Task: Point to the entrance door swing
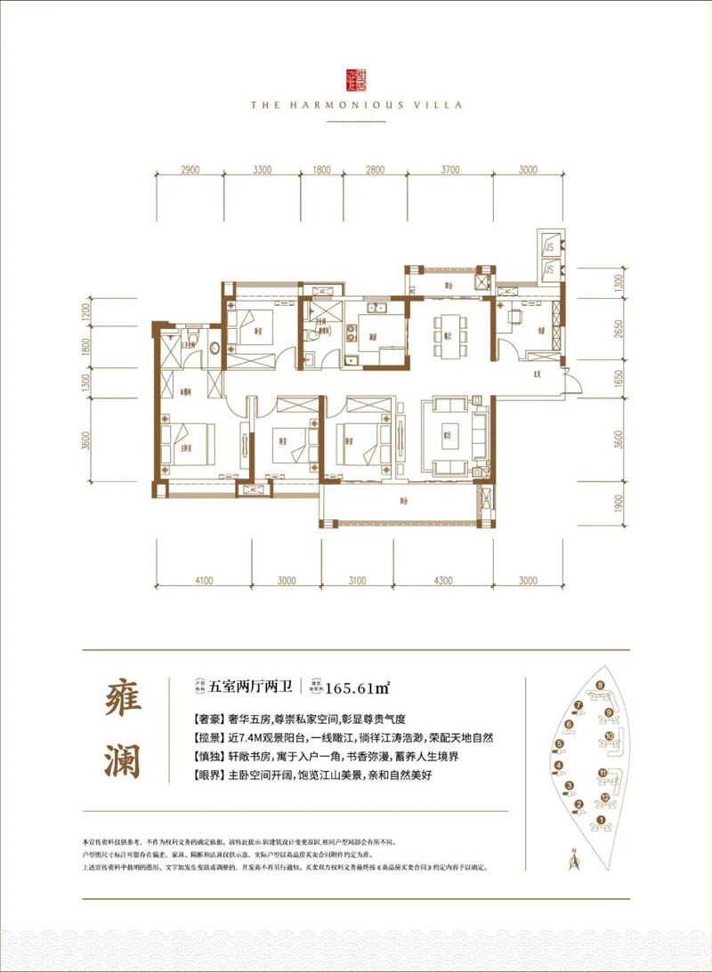575,384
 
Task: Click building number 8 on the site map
601,685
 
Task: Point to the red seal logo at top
355,79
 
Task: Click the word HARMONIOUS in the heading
350,104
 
